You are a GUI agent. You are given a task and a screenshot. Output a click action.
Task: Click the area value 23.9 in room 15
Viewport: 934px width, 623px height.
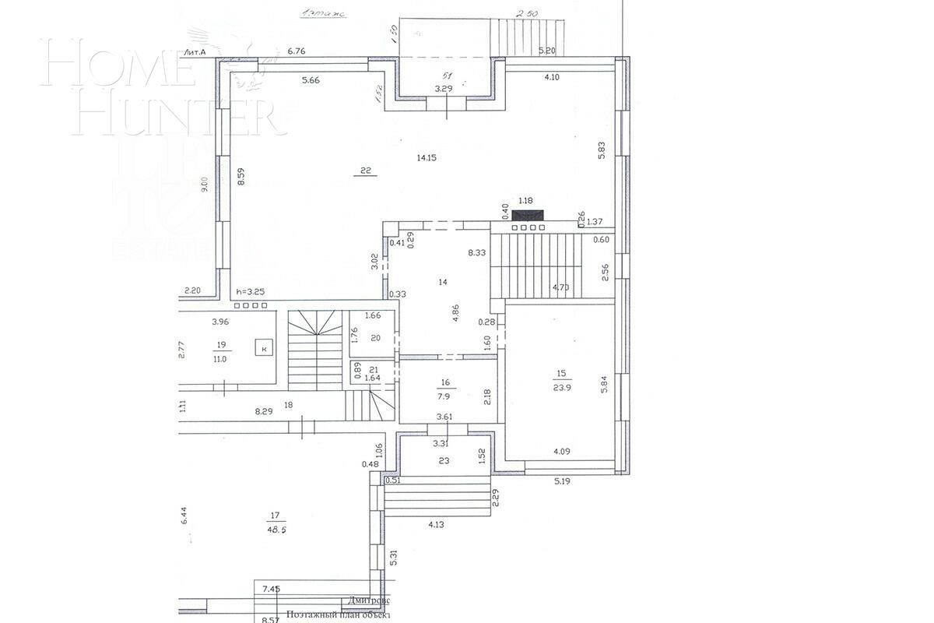point(563,387)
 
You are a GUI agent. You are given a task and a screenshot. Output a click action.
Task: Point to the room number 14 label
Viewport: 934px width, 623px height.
point(443,282)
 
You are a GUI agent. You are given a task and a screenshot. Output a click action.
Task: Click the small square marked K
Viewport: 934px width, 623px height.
point(264,348)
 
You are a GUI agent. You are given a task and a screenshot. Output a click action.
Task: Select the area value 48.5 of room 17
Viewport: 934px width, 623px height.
point(275,528)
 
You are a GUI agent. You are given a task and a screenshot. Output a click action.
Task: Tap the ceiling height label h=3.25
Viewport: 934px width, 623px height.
point(250,292)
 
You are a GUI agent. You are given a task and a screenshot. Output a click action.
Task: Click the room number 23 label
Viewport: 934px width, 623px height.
point(444,460)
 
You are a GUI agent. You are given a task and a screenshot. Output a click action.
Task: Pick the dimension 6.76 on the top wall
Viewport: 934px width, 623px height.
point(297,51)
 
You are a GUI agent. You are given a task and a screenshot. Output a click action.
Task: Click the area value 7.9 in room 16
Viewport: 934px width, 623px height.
point(445,395)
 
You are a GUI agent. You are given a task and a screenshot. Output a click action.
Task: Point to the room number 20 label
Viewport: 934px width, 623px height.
point(375,337)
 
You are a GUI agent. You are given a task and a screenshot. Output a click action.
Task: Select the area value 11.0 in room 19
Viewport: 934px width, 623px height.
point(219,359)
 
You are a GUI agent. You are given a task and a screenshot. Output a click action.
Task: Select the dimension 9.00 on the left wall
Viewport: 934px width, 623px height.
point(205,185)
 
